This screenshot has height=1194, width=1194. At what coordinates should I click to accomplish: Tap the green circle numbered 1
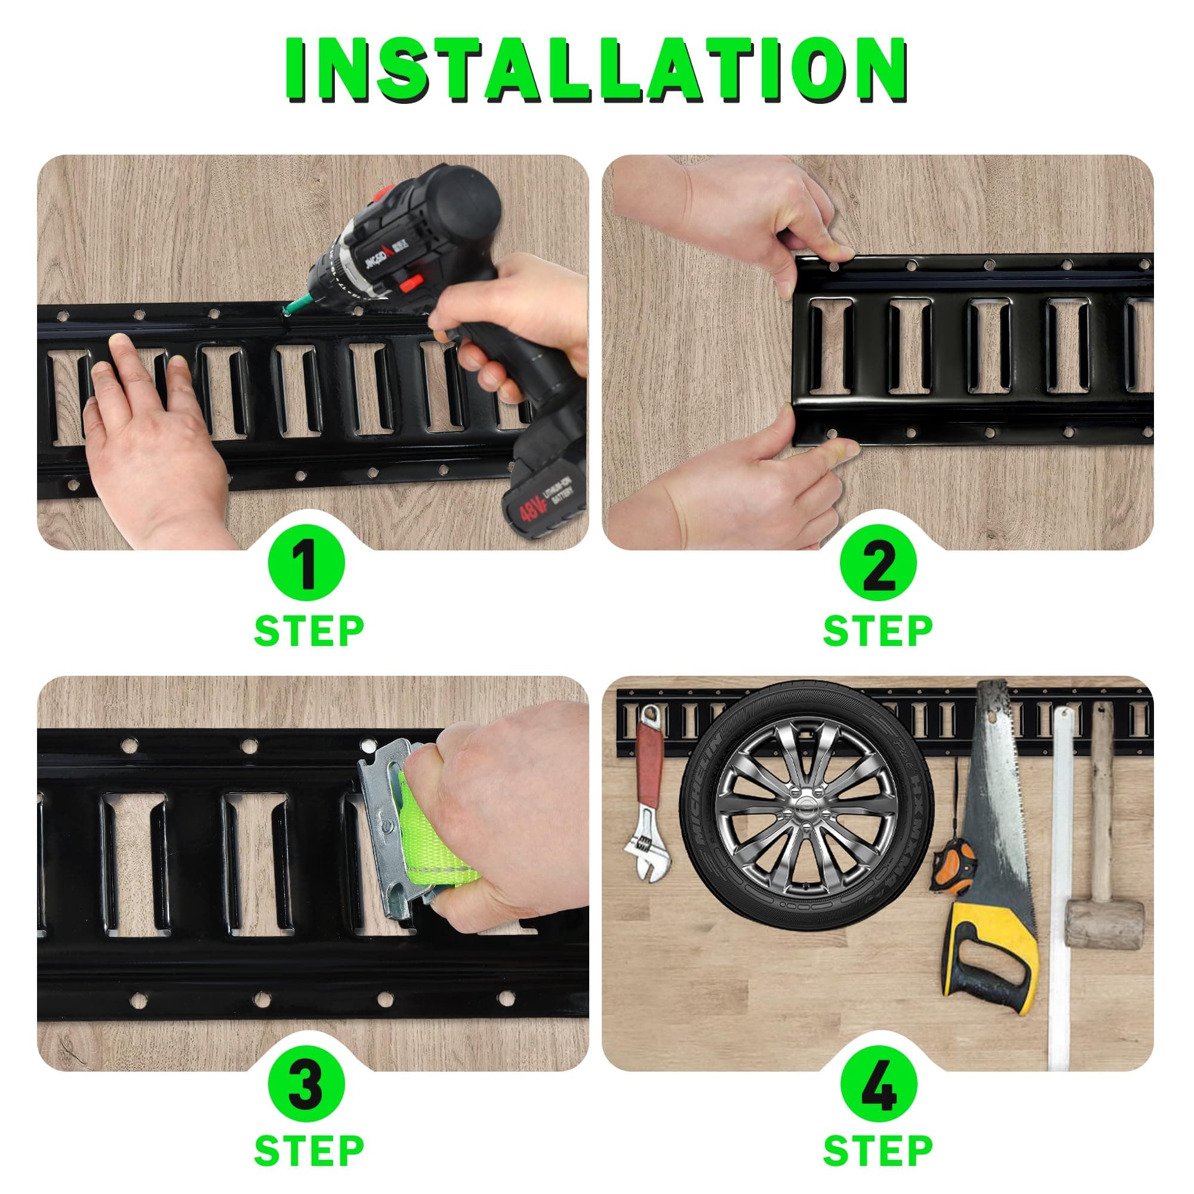coord(306,564)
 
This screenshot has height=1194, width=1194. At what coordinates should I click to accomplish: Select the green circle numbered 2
coord(878,564)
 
